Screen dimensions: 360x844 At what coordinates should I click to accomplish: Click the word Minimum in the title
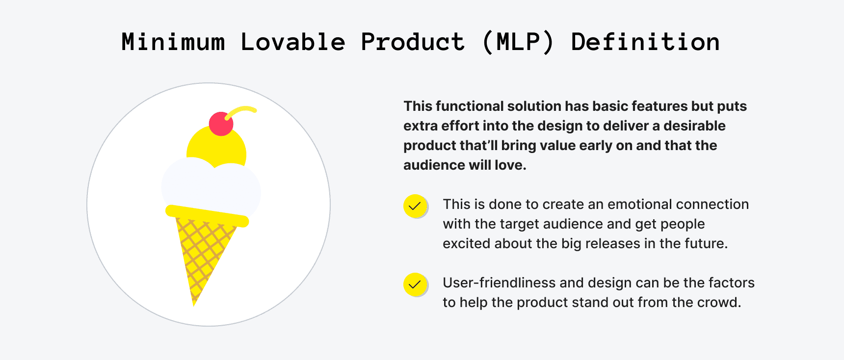[x=173, y=42]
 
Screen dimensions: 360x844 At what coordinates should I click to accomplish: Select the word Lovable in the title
[x=293, y=42]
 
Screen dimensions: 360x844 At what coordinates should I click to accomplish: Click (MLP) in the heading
[x=518, y=42]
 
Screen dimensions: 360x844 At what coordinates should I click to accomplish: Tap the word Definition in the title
[x=645, y=42]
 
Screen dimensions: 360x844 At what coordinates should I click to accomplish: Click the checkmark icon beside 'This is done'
[x=415, y=206]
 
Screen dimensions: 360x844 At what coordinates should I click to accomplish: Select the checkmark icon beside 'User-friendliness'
[x=415, y=284]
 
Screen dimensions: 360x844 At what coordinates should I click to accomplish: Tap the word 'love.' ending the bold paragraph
[x=510, y=165]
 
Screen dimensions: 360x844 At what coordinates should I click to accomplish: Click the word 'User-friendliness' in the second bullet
[x=499, y=283]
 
